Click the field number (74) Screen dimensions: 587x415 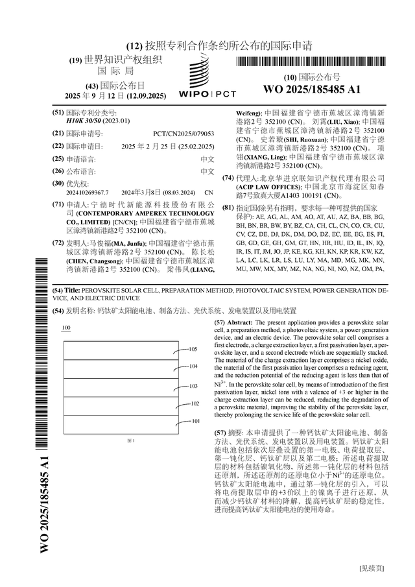[228, 178]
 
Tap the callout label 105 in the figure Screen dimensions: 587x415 [193, 349]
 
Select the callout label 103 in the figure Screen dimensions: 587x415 [193, 386]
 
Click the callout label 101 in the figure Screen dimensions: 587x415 [195, 421]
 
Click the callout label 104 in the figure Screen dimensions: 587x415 [193, 366]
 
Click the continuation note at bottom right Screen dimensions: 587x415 [372, 569]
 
